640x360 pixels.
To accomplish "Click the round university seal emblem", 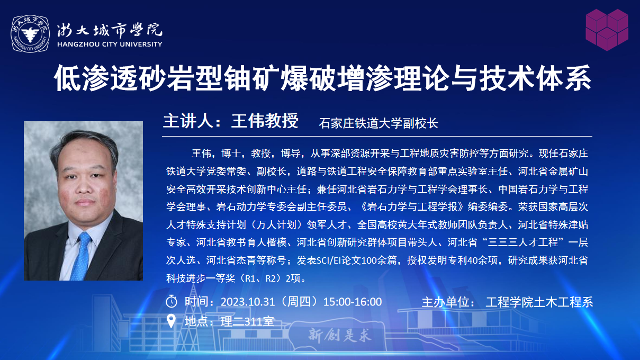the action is click(30, 34).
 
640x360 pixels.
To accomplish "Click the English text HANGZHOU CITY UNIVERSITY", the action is click(110, 44).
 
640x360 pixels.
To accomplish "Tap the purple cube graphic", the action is click(607, 30).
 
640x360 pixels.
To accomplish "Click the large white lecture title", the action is click(322, 78).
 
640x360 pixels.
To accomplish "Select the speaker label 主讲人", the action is click(188, 121).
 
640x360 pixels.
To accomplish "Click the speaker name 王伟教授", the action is click(265, 121).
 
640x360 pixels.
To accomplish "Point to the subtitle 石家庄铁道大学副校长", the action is click(378, 123).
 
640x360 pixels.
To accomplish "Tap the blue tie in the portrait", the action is click(81, 256).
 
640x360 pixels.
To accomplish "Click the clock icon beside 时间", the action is click(172, 301).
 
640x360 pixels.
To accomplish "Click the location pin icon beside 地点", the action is click(171, 321).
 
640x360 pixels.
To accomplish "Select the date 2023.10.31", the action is click(248, 302).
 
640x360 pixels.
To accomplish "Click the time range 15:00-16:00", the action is click(353, 302).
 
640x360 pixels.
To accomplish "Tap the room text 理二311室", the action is click(247, 322).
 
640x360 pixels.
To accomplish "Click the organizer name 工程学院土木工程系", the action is click(539, 302).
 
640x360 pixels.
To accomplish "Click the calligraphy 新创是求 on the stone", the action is click(340, 335).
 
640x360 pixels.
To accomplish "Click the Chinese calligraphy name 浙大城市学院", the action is click(110, 30).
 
